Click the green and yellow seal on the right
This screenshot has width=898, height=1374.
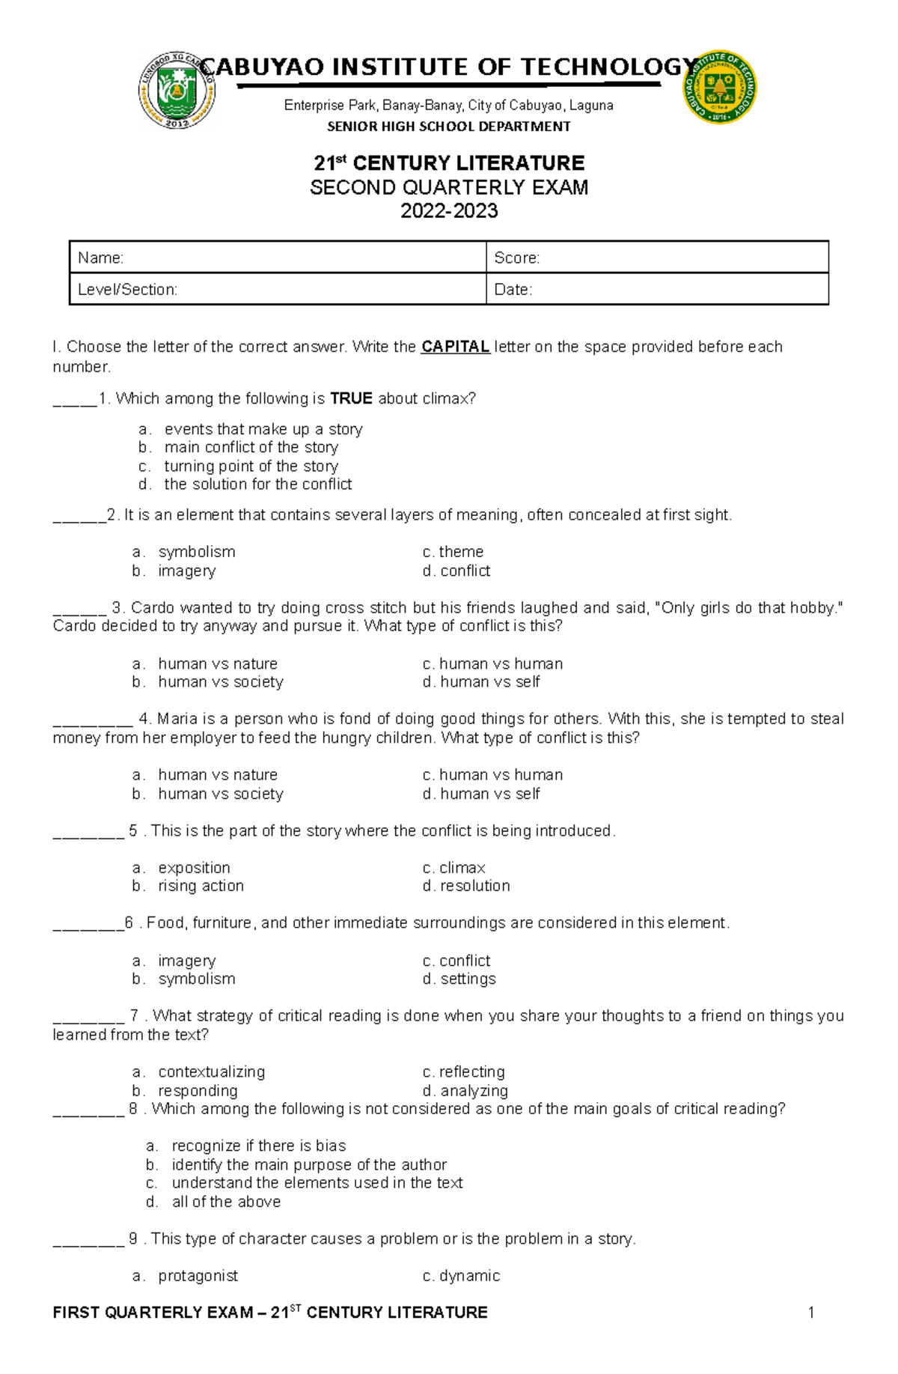719,88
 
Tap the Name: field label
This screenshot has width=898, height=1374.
101,258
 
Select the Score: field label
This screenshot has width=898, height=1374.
517,258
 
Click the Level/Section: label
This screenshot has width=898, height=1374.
128,290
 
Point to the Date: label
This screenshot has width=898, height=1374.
513,290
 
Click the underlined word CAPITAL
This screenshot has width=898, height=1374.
455,347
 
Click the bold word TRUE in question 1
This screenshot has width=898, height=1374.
351,398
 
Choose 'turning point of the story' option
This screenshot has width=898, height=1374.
251,466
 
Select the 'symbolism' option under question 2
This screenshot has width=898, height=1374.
197,552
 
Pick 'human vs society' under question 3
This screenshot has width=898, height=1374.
221,682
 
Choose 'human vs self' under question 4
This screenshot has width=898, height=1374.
489,794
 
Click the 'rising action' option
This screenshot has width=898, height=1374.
201,886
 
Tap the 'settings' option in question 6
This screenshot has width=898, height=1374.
468,979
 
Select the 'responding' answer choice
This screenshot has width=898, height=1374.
198,1090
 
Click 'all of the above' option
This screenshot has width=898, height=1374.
226,1202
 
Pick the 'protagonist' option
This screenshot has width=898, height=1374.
198,1276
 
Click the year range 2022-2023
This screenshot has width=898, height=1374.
449,211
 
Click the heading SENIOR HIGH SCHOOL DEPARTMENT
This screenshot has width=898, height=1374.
449,127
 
